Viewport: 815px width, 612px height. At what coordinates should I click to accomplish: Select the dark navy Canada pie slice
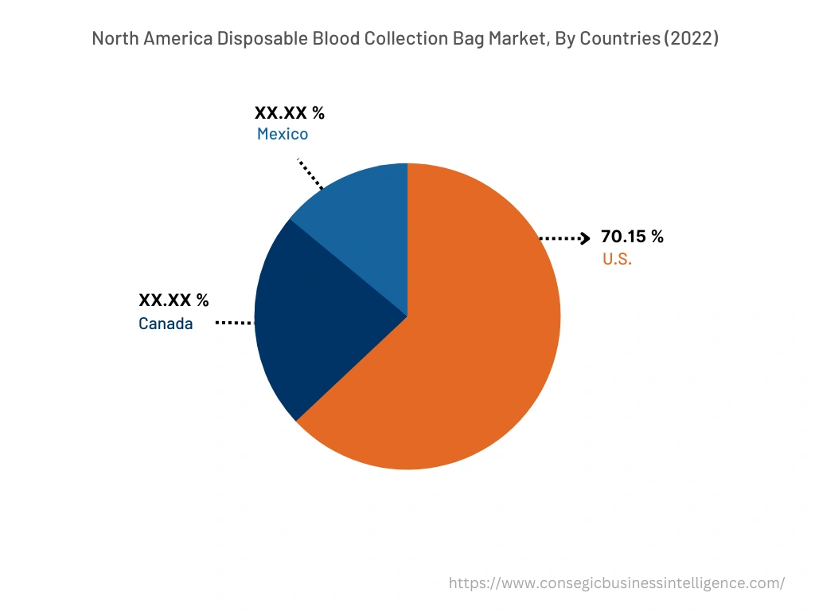tap(318, 319)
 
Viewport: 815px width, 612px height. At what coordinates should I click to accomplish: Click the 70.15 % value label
tap(632, 237)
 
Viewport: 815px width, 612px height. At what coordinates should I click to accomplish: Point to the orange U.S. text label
tap(617, 260)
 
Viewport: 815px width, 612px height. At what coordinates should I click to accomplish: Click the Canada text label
tap(166, 324)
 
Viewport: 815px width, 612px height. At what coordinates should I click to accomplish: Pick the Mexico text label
tap(282, 135)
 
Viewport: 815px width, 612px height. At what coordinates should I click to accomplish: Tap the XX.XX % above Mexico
tap(289, 113)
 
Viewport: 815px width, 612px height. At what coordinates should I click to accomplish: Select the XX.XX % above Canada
tap(174, 300)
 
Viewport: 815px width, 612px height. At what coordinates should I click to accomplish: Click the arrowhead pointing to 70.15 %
tap(585, 237)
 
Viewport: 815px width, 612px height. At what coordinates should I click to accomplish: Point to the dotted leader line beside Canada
tap(234, 323)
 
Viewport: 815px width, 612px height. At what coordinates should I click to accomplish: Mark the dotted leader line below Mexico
tap(310, 174)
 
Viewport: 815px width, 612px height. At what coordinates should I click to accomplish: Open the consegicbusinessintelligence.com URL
tap(616, 583)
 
